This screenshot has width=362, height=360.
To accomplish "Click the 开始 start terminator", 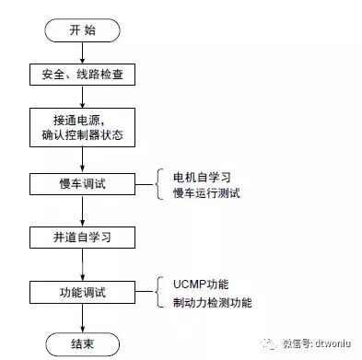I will pyautogui.click(x=82, y=29).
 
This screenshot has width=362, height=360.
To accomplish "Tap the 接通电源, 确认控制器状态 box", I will pyautogui.click(x=82, y=128).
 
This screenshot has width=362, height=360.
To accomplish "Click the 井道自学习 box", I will pyautogui.click(x=82, y=238).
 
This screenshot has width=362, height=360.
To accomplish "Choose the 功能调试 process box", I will pyautogui.click(x=82, y=293).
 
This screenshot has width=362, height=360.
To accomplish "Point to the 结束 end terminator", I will pyautogui.click(x=82, y=344).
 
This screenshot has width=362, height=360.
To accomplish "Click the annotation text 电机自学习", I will pyautogui.click(x=204, y=176).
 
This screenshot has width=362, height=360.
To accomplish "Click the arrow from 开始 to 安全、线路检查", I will pyautogui.click(x=82, y=52).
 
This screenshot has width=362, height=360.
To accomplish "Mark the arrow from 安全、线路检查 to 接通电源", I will pyautogui.click(x=82, y=98).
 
